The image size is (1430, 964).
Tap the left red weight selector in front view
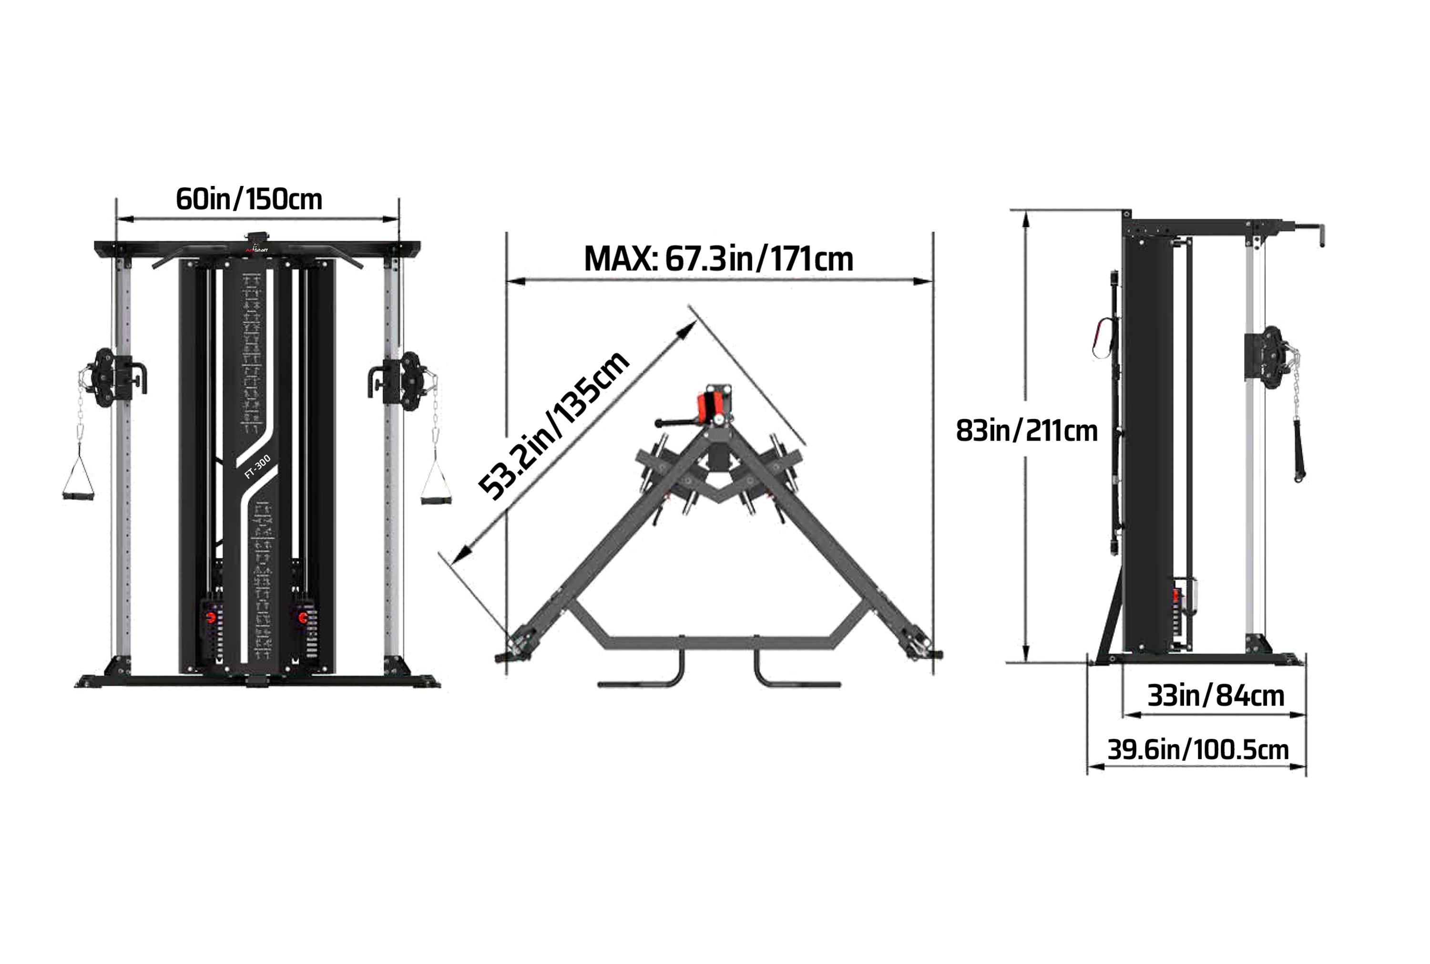[211, 616]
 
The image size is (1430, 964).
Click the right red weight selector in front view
[303, 616]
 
